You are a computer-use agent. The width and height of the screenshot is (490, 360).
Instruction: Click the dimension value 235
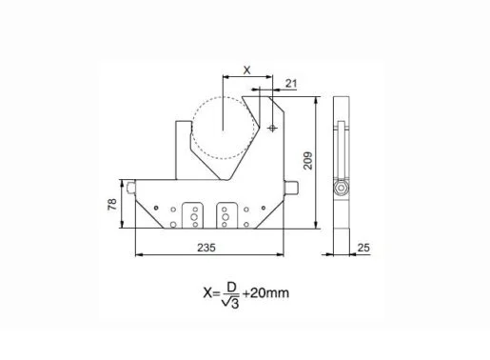pos(206,248)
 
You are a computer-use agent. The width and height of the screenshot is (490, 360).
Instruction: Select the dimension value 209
pos(308,161)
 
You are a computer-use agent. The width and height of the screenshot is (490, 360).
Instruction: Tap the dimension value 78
pos(112,205)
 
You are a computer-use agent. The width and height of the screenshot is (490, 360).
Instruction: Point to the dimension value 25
pos(363,248)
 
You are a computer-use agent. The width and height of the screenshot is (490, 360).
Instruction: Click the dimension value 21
pos(291,84)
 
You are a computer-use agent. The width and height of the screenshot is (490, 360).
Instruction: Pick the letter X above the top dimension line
pos(246,70)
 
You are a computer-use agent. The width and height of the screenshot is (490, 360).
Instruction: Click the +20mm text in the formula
pos(265,292)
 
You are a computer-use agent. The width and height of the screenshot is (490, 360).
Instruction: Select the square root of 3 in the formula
pos(230,303)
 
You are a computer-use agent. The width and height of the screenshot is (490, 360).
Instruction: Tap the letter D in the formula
pos(231,288)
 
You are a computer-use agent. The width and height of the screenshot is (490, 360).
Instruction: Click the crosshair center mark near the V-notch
pos(272,129)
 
